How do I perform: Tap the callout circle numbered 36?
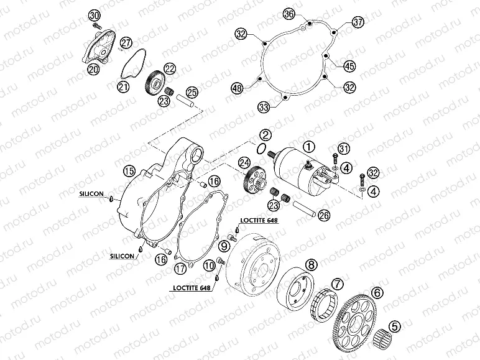tap(288, 14)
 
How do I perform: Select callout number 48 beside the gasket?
tap(237, 88)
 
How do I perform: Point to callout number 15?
tap(129, 171)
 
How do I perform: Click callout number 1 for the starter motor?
tap(309, 147)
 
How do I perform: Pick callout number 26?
tap(324, 216)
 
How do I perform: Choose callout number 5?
tap(395, 326)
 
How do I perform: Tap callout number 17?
tap(180, 269)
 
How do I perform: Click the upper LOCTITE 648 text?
tap(259, 220)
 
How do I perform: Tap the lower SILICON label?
tap(122, 256)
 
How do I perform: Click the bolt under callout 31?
tap(335, 159)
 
